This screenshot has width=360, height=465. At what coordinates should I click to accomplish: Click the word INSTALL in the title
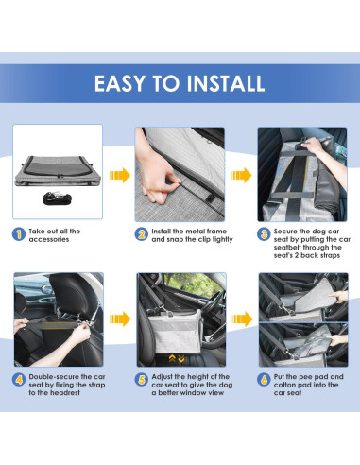pos(219,83)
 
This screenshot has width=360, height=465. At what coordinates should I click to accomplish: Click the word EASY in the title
pos(120,83)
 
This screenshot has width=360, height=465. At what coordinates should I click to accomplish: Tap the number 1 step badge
pos(19,232)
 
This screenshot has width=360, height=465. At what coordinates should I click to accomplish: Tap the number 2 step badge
pos(142,232)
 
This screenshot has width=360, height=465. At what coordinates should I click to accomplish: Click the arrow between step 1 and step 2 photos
pos(119,175)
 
